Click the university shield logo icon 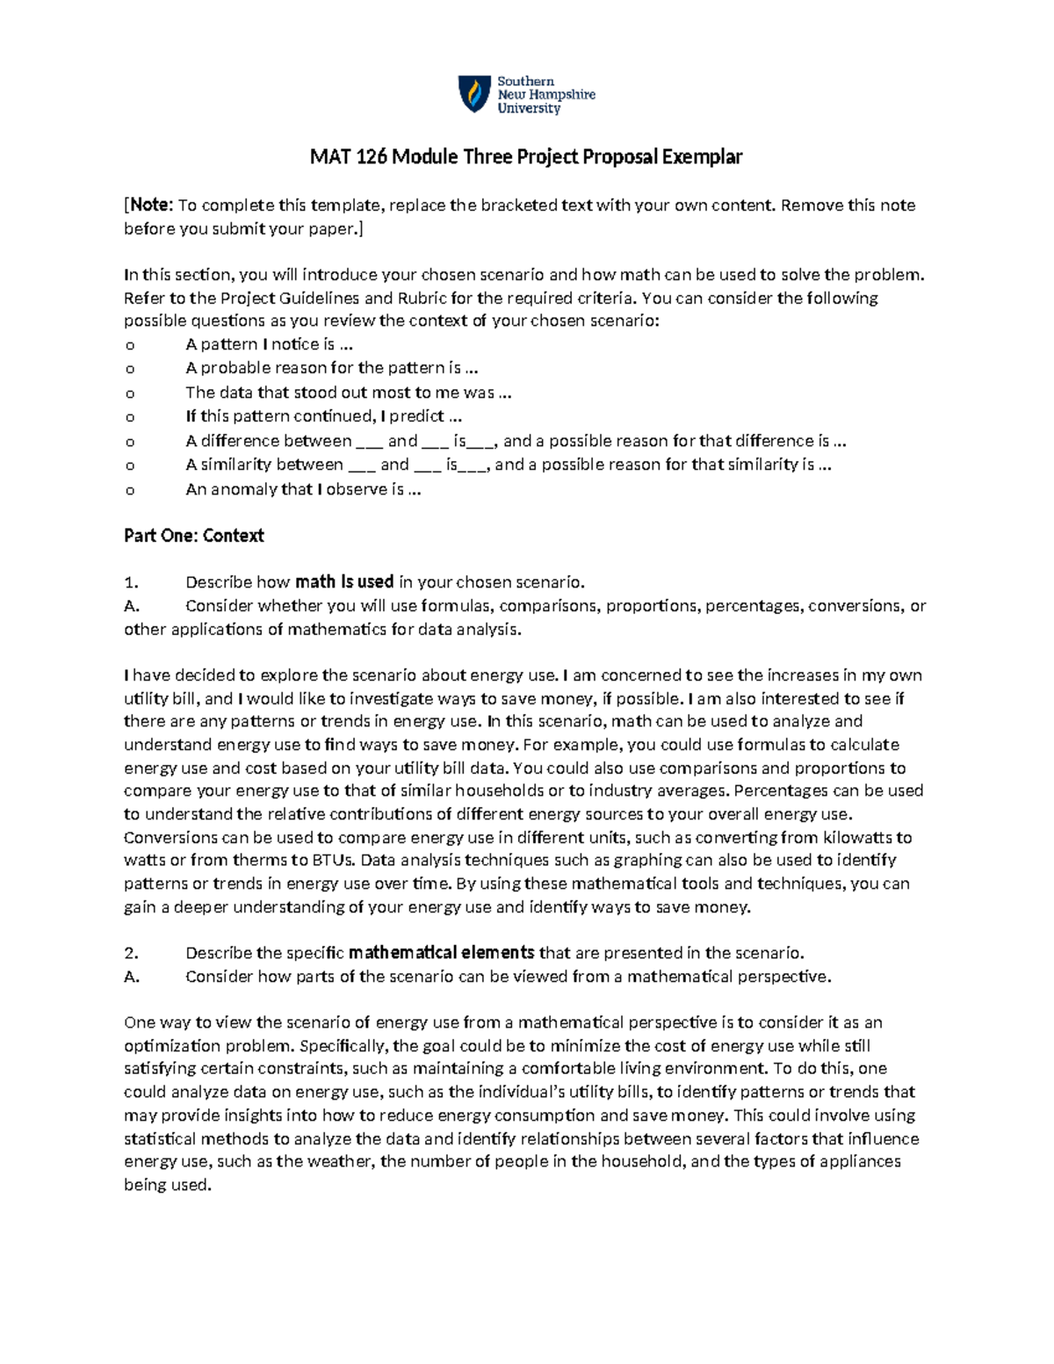click(474, 94)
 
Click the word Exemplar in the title click(702, 157)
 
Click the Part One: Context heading click(193, 536)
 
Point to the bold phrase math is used click(344, 581)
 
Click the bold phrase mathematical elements click(441, 953)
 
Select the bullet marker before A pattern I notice click(130, 345)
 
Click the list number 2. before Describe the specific click(132, 953)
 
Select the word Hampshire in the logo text click(561, 94)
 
